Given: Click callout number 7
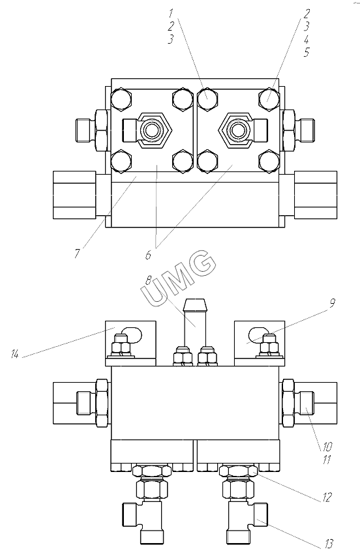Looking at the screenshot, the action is pyautogui.click(x=78, y=252).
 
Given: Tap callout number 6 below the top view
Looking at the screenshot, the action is pyautogui.click(x=149, y=254).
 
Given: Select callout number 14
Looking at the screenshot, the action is pyautogui.click(x=14, y=355).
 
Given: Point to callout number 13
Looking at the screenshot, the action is pyautogui.click(x=329, y=544).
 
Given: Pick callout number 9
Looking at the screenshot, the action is pyautogui.click(x=332, y=303).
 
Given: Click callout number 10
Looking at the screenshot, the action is pyautogui.click(x=327, y=447).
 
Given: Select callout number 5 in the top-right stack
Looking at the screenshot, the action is pyautogui.click(x=306, y=52).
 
